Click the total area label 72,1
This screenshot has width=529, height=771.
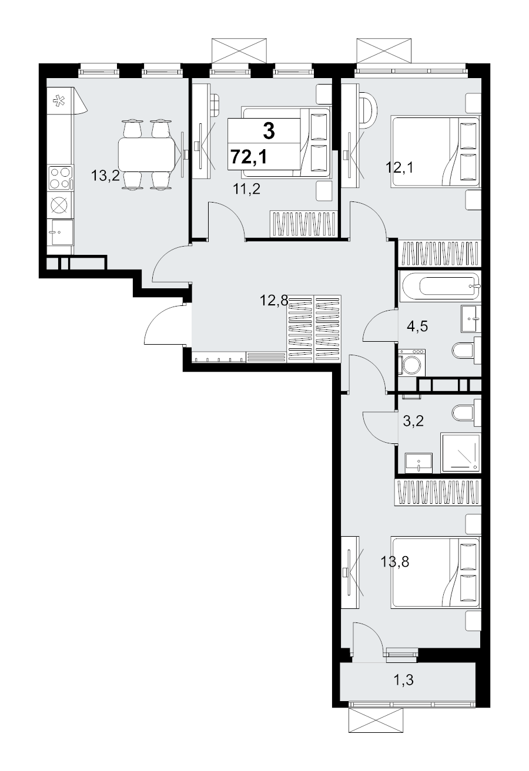point(249,157)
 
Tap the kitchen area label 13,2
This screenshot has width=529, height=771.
point(105,176)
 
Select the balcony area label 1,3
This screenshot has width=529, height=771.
point(403,680)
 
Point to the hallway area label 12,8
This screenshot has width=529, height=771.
point(274,301)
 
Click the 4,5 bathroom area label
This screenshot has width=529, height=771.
point(417,326)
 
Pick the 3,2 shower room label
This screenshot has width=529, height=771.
point(413,420)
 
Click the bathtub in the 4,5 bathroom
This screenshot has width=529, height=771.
point(440,286)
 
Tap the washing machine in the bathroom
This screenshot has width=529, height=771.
point(411,362)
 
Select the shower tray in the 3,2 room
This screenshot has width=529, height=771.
point(460,453)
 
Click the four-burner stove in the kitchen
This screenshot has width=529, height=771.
point(61,177)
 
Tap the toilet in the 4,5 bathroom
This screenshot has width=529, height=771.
point(466,351)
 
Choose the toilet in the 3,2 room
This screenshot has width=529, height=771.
point(466,413)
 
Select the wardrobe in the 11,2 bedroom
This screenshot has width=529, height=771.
point(303,224)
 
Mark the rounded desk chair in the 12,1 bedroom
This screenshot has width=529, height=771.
point(368,111)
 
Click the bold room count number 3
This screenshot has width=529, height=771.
point(269,131)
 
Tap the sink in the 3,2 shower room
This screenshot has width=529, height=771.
point(418,463)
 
